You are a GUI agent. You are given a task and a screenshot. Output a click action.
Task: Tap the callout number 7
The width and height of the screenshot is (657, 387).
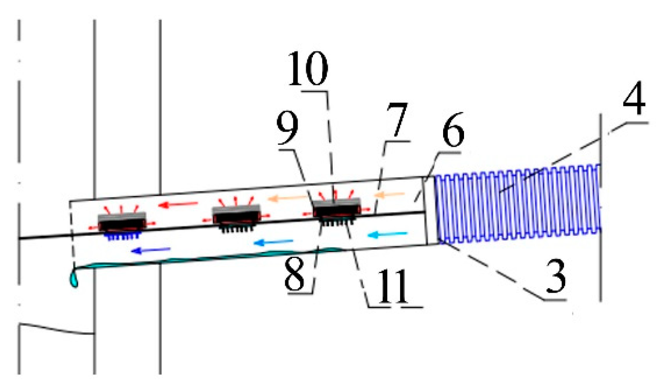click(x=397, y=121)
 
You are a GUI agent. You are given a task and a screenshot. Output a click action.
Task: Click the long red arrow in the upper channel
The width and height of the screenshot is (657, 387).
click(x=178, y=205)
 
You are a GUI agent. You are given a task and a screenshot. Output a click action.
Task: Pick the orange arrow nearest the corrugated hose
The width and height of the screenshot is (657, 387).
click(x=389, y=195)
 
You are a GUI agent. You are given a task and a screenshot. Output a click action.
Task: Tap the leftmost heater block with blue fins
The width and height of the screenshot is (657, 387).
click(x=122, y=222)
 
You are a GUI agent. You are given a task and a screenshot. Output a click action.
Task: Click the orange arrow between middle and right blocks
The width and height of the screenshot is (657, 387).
click(x=287, y=198)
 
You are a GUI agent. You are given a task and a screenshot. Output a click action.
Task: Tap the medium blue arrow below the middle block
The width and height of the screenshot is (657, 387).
click(x=273, y=243)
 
